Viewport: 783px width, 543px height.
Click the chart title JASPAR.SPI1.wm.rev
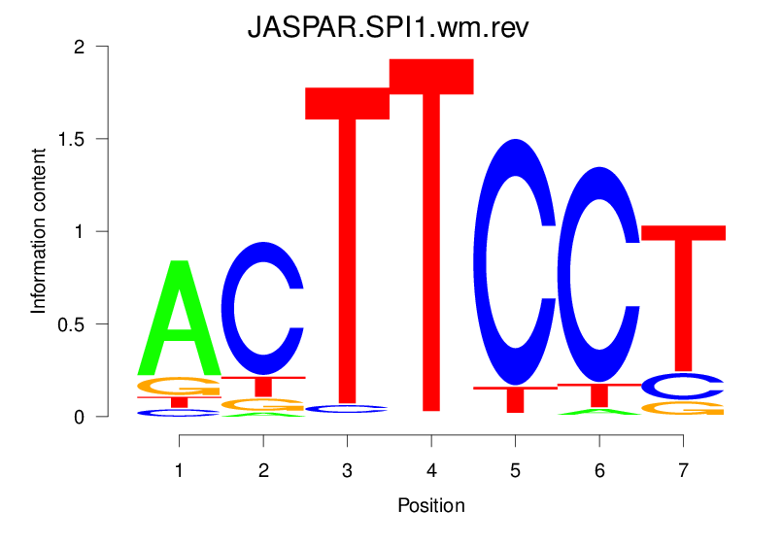click(388, 26)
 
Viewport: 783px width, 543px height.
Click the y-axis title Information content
click(39, 230)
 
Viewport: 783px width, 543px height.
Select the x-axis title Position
click(430, 505)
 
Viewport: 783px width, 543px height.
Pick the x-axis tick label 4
click(430, 470)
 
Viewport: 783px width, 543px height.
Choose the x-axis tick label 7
click(683, 470)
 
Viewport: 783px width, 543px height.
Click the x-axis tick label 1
click(179, 470)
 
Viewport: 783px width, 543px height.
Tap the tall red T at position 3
click(347, 243)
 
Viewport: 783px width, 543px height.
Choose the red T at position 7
click(683, 291)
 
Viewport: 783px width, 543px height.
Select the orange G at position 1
click(179, 386)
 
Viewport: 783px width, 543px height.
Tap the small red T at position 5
click(515, 396)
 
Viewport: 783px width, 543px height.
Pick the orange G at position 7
click(683, 408)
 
